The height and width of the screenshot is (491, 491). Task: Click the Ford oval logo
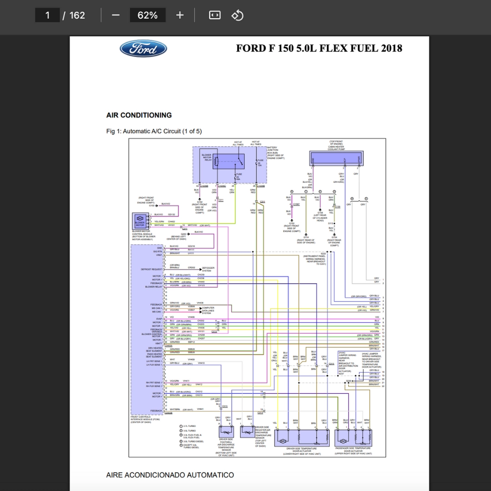(x=143, y=49)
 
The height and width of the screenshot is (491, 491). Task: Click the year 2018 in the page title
(x=391, y=48)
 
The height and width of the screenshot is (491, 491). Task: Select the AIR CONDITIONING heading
(x=139, y=115)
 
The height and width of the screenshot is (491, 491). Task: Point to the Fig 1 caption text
(x=154, y=131)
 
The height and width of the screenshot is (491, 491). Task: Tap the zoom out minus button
(x=115, y=15)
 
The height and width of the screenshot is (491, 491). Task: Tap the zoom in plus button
(x=180, y=15)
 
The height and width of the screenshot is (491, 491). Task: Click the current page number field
(x=47, y=15)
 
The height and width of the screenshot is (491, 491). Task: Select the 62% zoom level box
(x=147, y=15)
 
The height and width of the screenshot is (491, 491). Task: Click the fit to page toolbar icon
(x=214, y=15)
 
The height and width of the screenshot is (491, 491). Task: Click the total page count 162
(x=77, y=15)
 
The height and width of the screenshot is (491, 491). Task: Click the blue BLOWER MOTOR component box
(x=140, y=221)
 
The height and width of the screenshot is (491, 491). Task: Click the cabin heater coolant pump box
(x=336, y=159)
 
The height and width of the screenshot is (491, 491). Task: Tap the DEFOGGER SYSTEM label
(x=208, y=269)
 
